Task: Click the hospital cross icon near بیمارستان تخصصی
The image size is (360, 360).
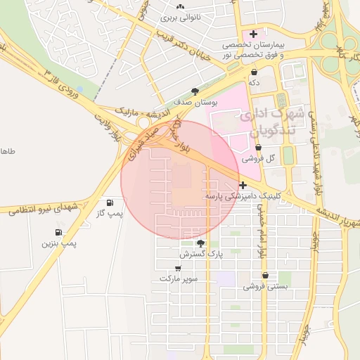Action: click(253, 34)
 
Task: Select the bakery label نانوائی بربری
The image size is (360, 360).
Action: click(181, 17)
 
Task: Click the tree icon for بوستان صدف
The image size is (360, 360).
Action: click(195, 91)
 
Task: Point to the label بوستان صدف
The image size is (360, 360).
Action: click(195, 103)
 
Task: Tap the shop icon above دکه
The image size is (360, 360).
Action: click(253, 72)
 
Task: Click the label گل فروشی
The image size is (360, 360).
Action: click(259, 159)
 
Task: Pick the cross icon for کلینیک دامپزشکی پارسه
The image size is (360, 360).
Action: click(243, 186)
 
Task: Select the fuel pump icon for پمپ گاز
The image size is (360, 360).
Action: click(109, 202)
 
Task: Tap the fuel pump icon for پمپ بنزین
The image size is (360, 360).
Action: click(58, 232)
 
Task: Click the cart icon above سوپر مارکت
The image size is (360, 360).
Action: click(179, 268)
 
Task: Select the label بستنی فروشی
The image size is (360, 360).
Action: click(265, 287)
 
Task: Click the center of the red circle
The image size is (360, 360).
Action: click(180, 180)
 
